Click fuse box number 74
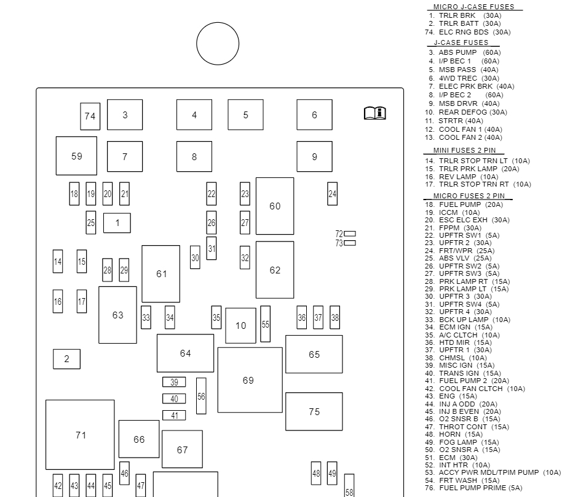tap(90, 116)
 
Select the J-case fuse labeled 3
tap(125, 115)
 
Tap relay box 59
tap(76, 156)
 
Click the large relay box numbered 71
tap(80, 435)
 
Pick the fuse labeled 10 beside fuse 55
tap(240, 325)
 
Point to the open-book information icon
tap(374, 113)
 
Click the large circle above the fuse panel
tap(218, 44)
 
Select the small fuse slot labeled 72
tap(349, 234)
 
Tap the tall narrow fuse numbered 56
tap(201, 396)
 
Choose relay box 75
tap(314, 411)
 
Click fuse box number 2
tap(66, 359)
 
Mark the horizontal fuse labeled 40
tap(174, 399)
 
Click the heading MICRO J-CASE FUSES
tap(474, 7)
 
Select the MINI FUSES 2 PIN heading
tap(464, 150)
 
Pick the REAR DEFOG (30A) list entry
tap(472, 112)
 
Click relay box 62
tap(275, 270)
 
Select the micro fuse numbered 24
tap(332, 194)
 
